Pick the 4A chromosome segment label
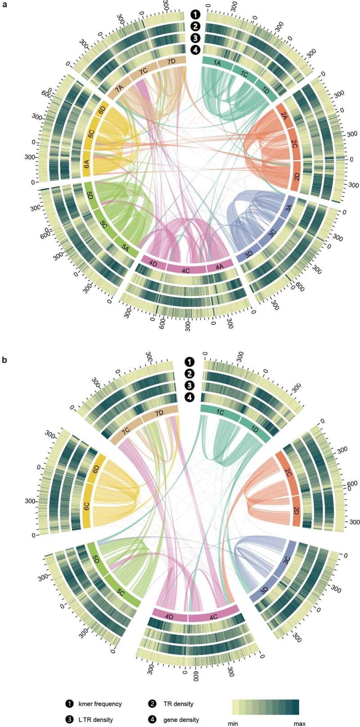pos(220,267)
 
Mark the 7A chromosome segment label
pos(119,90)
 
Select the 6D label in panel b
pos(96,470)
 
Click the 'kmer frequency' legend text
pos(100,704)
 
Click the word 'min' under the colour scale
pos(238,723)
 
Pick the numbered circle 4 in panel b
pos(190,397)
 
